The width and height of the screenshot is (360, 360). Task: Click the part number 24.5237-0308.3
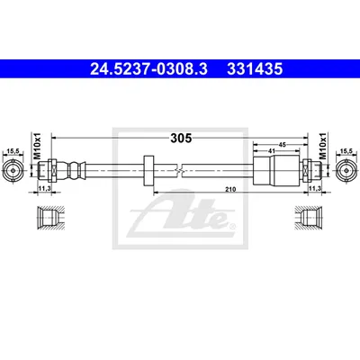(148, 69)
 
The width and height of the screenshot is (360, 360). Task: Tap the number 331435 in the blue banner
(255, 69)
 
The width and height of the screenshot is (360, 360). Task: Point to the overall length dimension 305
(181, 138)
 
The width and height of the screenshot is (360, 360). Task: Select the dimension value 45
(282, 145)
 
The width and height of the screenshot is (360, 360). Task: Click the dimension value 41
(272, 151)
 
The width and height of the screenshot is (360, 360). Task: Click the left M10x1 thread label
(37, 146)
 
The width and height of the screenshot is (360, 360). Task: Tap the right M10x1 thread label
(322, 146)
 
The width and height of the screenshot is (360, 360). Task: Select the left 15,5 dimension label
(13, 151)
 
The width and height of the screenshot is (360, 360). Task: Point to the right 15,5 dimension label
(346, 151)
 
